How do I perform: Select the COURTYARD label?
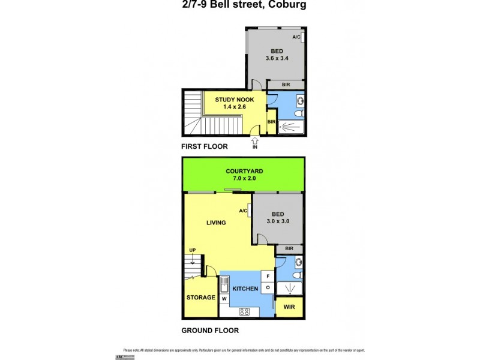[x=244, y=171]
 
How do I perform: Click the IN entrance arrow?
[x=254, y=142]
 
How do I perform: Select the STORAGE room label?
[x=200, y=298]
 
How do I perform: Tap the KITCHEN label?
[x=245, y=289]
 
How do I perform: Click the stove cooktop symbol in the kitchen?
[x=244, y=311]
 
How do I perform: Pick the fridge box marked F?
[x=268, y=277]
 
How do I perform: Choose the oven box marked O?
[x=268, y=288]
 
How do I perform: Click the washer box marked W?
[x=224, y=298]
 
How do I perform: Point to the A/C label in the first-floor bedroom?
[x=296, y=38]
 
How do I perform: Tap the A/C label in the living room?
[x=243, y=211]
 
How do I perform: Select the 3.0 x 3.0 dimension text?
[x=278, y=221]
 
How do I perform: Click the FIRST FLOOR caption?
[x=205, y=146]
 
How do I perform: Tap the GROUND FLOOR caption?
[x=210, y=331]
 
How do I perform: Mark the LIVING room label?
[x=216, y=223]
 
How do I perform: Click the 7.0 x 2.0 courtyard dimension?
[x=244, y=179]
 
